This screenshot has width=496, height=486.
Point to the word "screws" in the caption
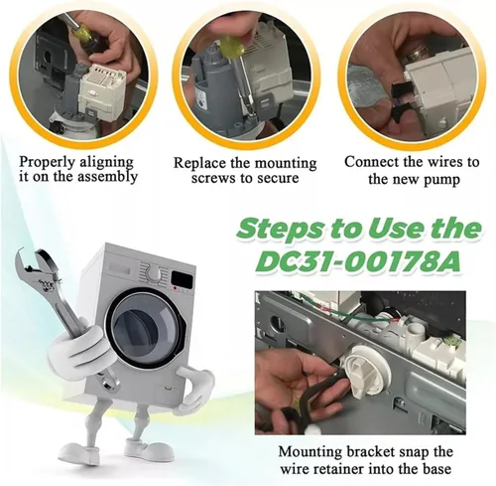click(214, 178)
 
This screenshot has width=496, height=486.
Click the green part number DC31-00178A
click(358, 260)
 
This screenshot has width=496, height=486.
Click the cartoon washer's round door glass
click(143, 331)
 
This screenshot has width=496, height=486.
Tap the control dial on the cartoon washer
click(153, 274)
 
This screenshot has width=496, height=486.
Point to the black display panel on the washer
click(183, 279)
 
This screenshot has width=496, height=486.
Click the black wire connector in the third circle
click(400, 98)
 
